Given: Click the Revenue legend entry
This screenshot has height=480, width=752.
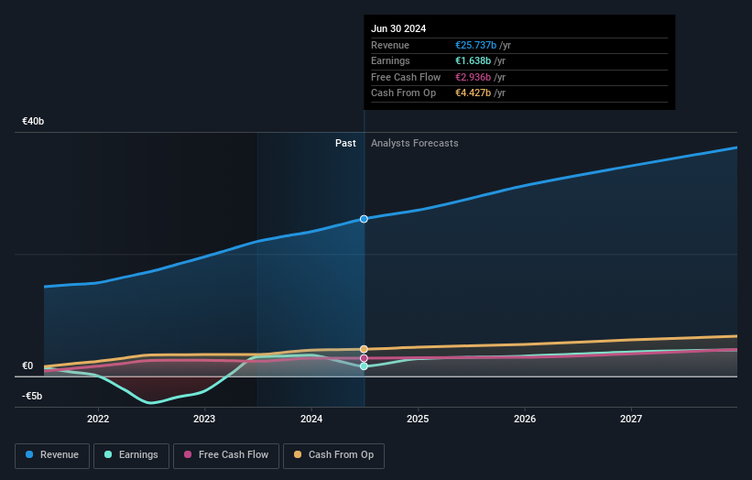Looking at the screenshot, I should [52, 455].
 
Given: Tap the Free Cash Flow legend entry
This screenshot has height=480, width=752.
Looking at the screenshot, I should [226, 455].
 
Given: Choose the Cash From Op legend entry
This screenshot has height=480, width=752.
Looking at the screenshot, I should [333, 455].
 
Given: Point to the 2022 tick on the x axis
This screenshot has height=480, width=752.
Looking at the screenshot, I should [98, 419].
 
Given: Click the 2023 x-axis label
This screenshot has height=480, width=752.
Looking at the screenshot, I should [204, 419].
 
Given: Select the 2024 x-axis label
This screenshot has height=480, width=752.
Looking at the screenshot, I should [311, 419].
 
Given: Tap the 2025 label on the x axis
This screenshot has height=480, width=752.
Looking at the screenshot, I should [418, 419].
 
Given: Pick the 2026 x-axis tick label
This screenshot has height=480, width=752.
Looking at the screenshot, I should [525, 419].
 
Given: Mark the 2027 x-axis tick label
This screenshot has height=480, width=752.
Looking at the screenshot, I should [631, 419].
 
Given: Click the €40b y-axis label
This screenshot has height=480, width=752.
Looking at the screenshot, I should [34, 121].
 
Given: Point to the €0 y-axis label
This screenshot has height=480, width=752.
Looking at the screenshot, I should [27, 365].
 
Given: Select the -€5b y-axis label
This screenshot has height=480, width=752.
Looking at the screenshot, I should [34, 397].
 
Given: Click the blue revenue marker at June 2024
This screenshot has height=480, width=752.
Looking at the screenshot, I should [364, 219].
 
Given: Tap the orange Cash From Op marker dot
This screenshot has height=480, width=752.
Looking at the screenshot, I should [364, 349].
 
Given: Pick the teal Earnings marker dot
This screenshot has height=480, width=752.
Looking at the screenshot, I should [364, 366].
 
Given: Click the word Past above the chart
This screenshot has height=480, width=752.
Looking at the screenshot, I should [345, 143].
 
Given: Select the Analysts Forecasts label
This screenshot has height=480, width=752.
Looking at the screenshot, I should [414, 143].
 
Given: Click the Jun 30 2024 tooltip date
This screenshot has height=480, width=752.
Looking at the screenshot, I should [398, 29].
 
